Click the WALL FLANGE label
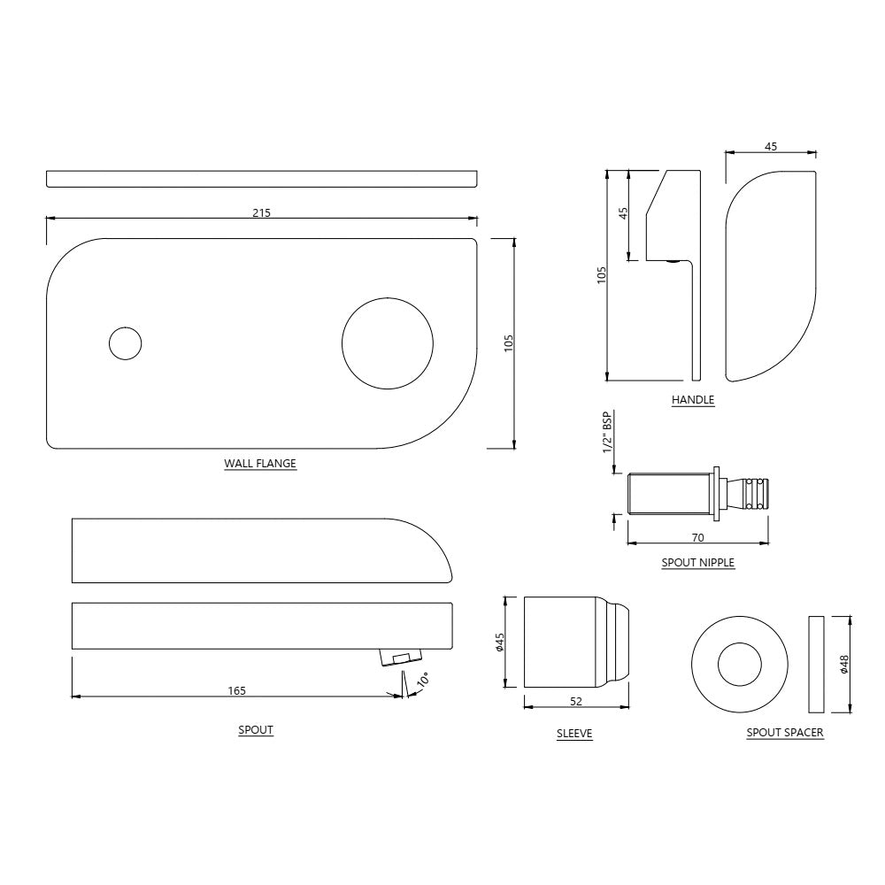[x=260, y=463]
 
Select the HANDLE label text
[x=692, y=400]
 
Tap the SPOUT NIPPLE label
[x=697, y=562]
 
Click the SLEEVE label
[x=574, y=734]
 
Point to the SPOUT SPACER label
[x=785, y=733]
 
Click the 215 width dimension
[x=261, y=212]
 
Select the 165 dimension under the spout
[x=236, y=690]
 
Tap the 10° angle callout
[x=423, y=680]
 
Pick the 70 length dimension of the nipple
[x=697, y=537]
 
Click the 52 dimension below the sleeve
[x=576, y=702]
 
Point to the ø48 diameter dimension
[x=845, y=664]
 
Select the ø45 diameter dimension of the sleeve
[x=500, y=643]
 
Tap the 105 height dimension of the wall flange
[x=509, y=342]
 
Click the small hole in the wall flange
[x=125, y=342]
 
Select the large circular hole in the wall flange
[x=388, y=342]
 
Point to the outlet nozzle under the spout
[x=401, y=657]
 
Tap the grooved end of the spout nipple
[x=754, y=493]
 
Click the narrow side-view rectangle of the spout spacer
[x=815, y=665]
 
